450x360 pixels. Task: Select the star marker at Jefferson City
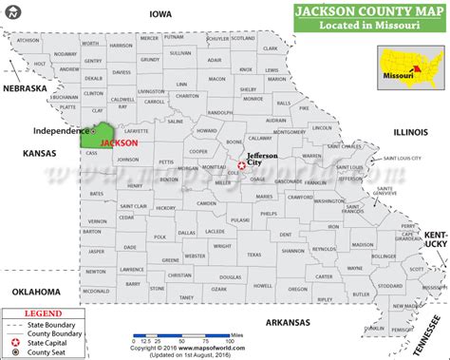pos(242,165)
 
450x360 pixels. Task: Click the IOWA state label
pos(159,14)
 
